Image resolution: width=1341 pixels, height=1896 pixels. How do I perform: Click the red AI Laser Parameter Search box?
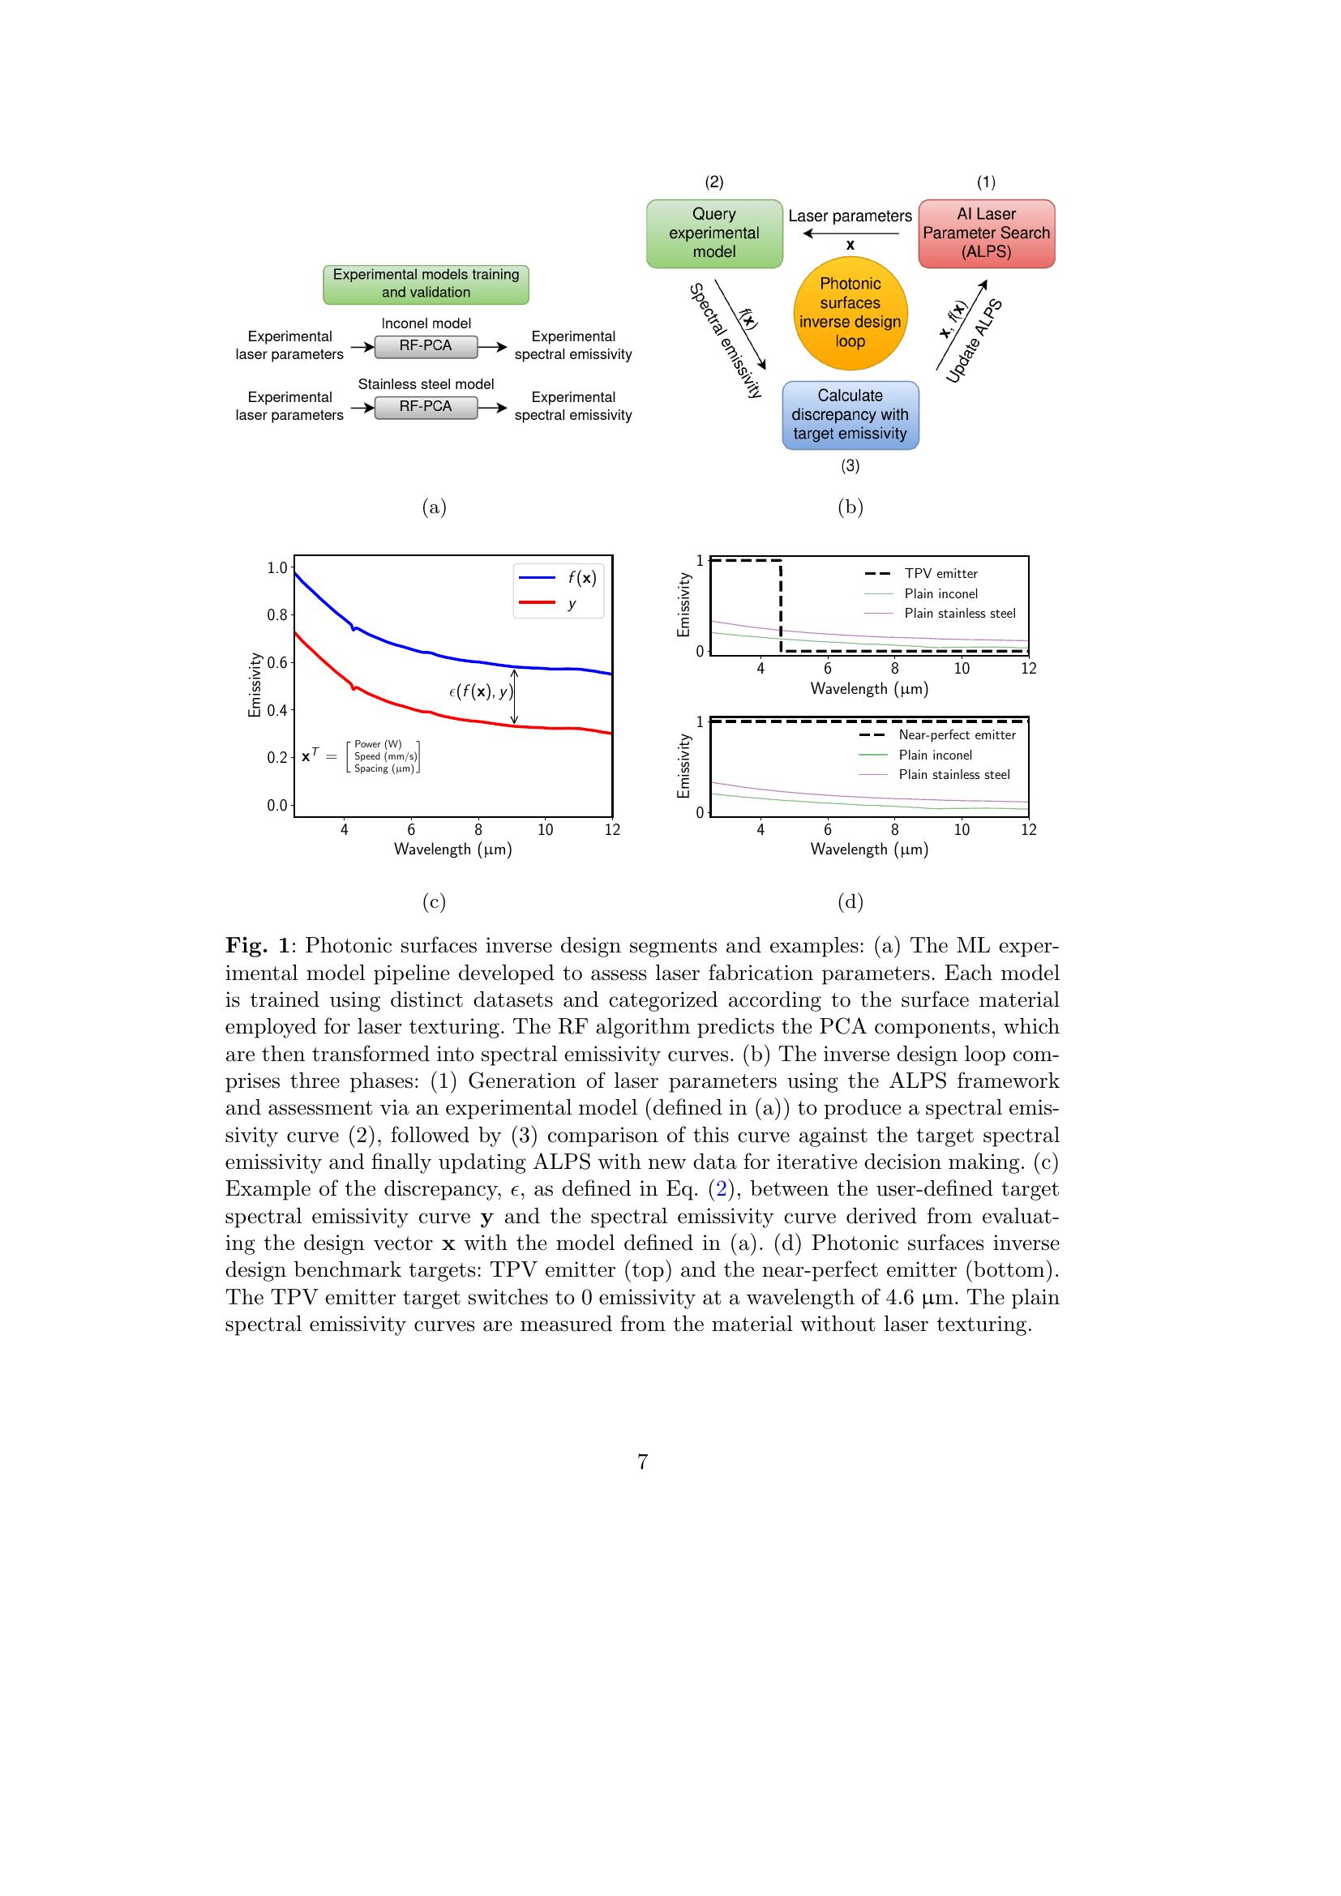coord(986,233)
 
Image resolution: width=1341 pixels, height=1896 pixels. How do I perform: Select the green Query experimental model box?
coord(713,233)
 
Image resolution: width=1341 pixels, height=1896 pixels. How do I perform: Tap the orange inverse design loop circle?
coord(850,313)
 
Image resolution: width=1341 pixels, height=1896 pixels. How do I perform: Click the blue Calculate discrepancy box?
coord(850,414)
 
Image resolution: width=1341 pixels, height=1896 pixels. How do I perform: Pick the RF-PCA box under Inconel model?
coord(426,346)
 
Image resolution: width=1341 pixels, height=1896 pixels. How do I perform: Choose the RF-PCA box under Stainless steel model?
coord(426,407)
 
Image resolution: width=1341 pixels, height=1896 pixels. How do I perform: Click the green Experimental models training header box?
coord(426,283)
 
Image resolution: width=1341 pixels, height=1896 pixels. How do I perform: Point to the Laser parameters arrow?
coord(850,233)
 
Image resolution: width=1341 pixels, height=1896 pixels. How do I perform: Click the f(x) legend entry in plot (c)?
coord(558,578)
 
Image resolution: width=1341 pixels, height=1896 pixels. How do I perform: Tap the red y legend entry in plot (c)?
coord(558,604)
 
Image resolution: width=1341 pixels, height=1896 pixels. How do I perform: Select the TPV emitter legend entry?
coord(920,573)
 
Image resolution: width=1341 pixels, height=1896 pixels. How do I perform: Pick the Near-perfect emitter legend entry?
coord(936,735)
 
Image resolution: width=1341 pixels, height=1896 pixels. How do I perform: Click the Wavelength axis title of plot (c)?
coord(452,849)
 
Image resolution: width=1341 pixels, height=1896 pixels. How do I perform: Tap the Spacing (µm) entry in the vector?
coord(384,768)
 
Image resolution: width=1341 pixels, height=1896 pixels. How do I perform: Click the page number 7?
coord(642,1462)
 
